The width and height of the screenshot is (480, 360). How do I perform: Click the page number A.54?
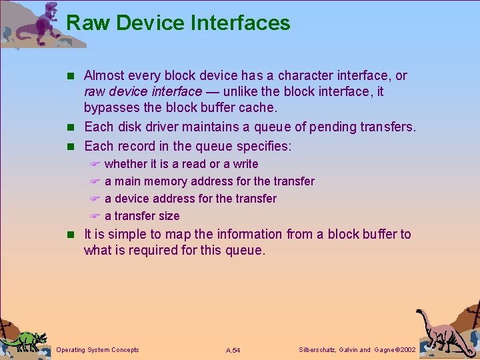pos(233,350)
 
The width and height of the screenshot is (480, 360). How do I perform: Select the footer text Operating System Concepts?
pos(98,349)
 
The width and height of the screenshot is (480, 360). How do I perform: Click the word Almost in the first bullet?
pos(104,75)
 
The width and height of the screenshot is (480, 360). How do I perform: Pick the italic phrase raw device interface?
pos(142,91)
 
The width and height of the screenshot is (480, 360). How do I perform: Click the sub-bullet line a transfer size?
pos(142,216)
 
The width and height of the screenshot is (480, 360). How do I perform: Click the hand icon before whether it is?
pos(95,164)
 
